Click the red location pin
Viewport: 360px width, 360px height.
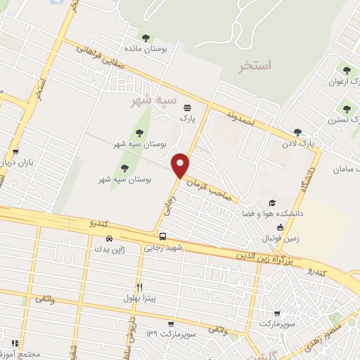click(181, 165)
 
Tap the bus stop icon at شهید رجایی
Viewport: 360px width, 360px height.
click(162, 236)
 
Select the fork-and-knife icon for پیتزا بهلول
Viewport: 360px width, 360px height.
click(140, 287)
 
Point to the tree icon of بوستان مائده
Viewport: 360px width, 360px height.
click(146, 38)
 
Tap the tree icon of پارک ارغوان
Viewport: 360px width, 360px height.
click(345, 70)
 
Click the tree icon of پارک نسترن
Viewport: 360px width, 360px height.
click(345, 108)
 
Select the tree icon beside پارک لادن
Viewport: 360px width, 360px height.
click(297, 131)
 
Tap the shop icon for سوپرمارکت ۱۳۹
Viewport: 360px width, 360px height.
click(169, 324)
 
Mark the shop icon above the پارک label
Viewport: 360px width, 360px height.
click(186, 108)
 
